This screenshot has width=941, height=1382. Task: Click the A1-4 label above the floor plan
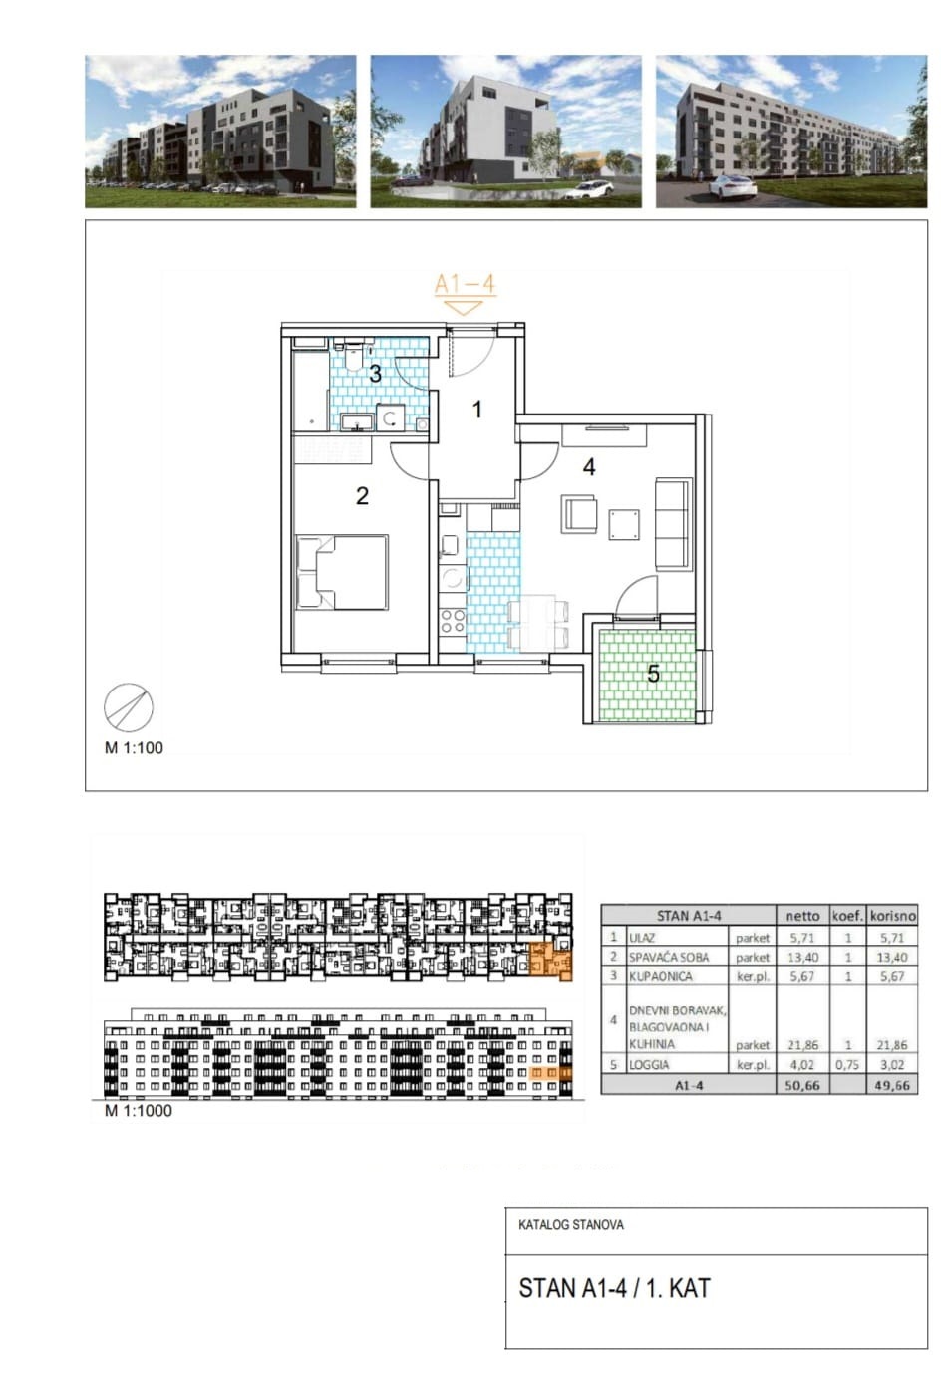[465, 284]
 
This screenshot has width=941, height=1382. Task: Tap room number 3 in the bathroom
[375, 374]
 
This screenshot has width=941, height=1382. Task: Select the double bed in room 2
[343, 573]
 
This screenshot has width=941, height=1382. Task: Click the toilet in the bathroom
[354, 355]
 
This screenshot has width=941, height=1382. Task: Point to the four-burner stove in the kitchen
[453, 622]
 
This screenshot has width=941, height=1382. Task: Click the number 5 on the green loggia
[654, 674]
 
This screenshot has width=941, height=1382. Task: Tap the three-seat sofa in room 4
[672, 525]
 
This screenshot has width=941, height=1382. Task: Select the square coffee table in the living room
[624, 524]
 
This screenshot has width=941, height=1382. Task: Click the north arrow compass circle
[129, 707]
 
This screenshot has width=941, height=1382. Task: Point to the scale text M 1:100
[134, 747]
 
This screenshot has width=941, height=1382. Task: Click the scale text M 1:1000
[139, 1111]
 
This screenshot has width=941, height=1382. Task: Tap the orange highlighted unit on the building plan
[551, 962]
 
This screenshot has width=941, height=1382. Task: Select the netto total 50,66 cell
[802, 1085]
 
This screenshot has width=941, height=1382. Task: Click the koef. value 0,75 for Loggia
[848, 1065]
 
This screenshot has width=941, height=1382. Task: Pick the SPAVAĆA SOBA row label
[669, 957]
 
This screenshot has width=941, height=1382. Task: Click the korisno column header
[893, 916]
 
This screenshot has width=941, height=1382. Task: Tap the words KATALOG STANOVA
[571, 1224]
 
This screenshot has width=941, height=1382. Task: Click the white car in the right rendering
[733, 186]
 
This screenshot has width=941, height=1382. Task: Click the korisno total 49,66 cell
[892, 1085]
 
